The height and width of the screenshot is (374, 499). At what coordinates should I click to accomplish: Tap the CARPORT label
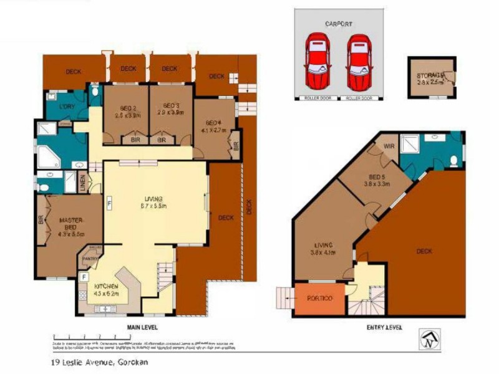(338, 24)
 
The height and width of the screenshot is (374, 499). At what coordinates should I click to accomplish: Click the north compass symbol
(428, 340)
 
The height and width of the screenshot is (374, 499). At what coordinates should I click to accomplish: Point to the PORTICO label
(315, 299)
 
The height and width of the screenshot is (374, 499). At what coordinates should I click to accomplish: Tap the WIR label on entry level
(389, 146)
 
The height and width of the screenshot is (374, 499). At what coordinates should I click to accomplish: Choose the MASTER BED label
(71, 224)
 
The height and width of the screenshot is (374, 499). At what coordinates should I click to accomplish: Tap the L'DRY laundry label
(67, 106)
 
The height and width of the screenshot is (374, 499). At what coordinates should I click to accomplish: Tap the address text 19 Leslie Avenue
(100, 361)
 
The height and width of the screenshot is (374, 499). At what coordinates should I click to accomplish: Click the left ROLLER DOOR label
(317, 98)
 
